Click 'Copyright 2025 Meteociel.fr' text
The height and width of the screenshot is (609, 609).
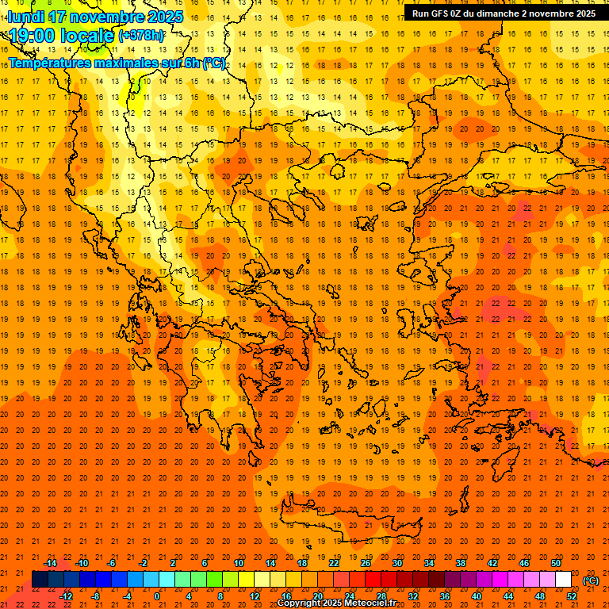coord(336,603)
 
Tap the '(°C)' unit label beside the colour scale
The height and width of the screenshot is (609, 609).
coord(591,580)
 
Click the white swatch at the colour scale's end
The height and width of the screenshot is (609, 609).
coord(563,580)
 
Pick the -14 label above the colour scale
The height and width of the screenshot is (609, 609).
coord(51,563)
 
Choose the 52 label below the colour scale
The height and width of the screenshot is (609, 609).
coord(572,596)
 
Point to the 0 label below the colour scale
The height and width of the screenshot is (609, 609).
coord(157,596)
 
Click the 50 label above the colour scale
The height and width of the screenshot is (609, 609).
coord(556,563)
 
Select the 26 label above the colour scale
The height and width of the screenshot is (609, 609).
coord(366,563)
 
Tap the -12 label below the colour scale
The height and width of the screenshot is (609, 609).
coord(67,596)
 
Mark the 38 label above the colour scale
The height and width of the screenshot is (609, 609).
coord(461,563)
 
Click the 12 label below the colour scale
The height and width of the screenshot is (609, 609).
coord(255,596)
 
